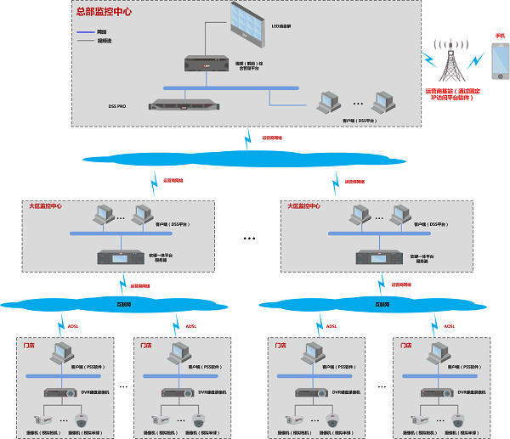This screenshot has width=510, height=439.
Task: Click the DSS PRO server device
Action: pos(182,104)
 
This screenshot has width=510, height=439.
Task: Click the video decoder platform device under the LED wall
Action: pos(207,62)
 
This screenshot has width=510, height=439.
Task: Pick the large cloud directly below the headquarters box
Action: pos(246,158)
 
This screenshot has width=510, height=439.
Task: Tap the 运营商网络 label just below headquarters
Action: pos(271,137)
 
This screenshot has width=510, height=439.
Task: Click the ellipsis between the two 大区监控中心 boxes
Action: pos(249,239)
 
